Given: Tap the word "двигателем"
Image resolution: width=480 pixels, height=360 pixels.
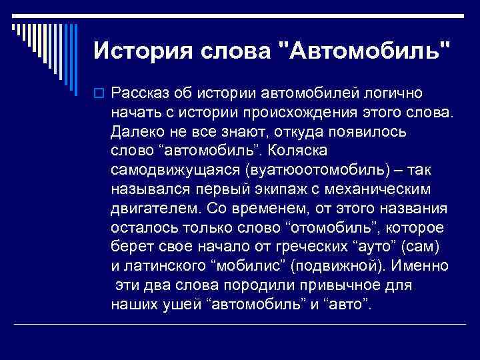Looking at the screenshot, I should click(x=149, y=207).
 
